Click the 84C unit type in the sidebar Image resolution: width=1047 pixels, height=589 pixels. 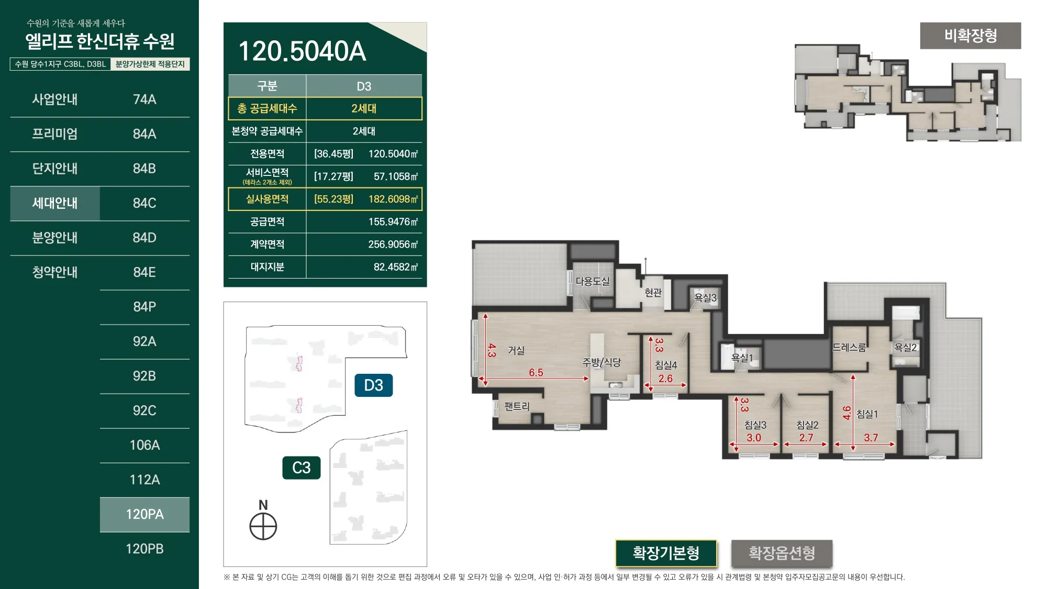144,203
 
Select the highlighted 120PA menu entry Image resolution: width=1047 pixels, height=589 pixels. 144,514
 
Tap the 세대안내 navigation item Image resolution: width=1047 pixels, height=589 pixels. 55,203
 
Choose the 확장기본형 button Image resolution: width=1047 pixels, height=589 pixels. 666,553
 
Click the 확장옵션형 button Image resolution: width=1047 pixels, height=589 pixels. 782,553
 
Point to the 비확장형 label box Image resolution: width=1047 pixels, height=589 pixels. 971,36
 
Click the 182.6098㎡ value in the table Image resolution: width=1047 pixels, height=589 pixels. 393,199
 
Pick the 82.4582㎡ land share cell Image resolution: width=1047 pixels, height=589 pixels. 396,267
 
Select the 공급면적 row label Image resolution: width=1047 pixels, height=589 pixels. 267,221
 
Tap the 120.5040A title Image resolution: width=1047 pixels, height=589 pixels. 302,51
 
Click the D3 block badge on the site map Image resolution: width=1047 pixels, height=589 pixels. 373,385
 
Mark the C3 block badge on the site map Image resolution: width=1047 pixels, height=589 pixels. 302,468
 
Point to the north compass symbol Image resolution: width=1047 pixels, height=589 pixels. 263,526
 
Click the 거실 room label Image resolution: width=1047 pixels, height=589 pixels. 516,350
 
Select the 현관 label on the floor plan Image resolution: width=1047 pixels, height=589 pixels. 653,292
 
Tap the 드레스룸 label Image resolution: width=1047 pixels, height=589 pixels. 849,347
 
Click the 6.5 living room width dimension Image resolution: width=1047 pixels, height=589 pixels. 536,373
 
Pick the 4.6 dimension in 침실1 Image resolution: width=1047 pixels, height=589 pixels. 846,413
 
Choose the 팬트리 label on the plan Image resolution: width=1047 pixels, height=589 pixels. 517,406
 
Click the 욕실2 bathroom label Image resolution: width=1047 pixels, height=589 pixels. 906,347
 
